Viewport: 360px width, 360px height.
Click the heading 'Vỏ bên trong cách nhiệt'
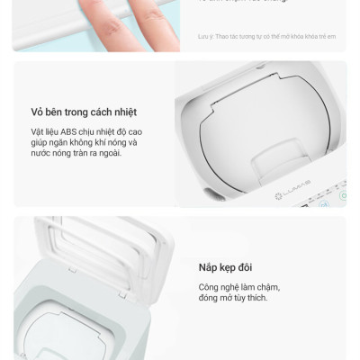[x=83, y=112]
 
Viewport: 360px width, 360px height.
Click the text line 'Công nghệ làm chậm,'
[x=238, y=286]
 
